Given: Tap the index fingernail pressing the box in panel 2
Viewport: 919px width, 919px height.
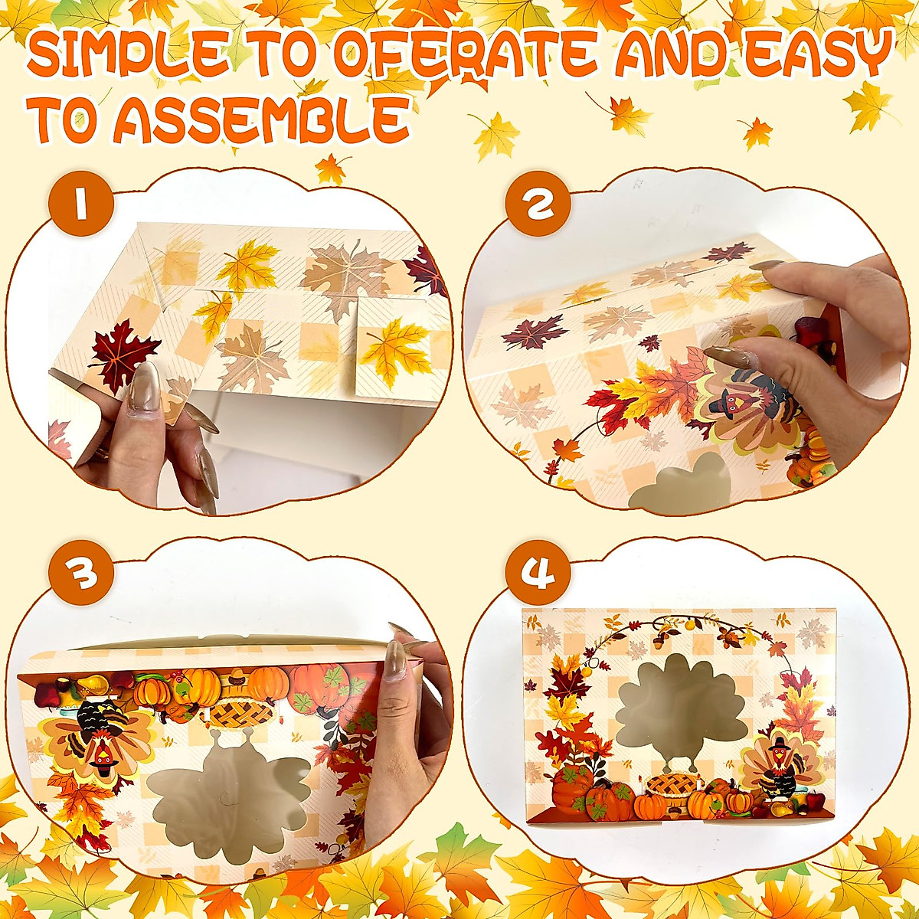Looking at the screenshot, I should click(724, 356).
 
